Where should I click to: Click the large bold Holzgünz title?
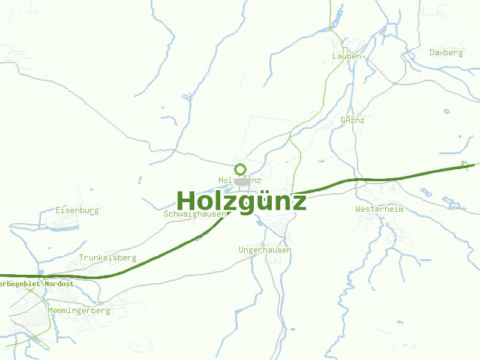(x=241, y=201)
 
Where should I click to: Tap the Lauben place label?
(x=347, y=56)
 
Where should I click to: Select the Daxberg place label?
(x=446, y=52)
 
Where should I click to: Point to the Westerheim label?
(x=379, y=209)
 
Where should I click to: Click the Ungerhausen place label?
(x=265, y=250)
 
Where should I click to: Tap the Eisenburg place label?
(x=77, y=211)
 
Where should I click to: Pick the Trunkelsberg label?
(x=107, y=257)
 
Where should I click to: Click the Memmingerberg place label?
(x=79, y=311)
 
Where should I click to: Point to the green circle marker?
(x=241, y=169)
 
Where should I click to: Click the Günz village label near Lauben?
(x=352, y=120)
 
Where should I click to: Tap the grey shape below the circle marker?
(x=241, y=181)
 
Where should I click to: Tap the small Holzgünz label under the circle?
(x=239, y=180)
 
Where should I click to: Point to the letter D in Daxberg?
(x=432, y=52)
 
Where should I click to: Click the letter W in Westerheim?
(x=358, y=209)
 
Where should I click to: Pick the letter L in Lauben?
(x=335, y=56)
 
